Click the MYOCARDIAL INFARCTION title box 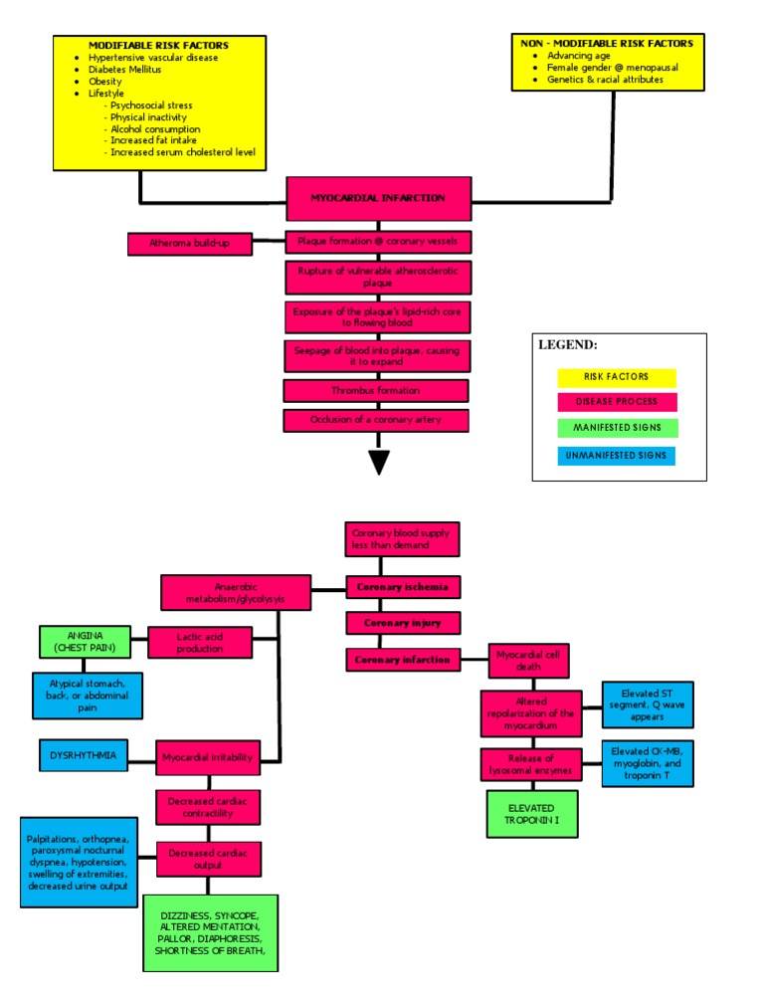pos(378,198)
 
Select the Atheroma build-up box pos(189,243)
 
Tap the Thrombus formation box pos(376,391)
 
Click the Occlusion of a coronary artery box pos(376,420)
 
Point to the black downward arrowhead pos(379,462)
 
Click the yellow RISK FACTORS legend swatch pos(616,377)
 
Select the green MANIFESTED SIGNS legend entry pos(616,429)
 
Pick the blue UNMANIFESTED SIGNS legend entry pos(616,456)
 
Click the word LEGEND pos(568,345)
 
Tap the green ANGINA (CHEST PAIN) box pos(85,642)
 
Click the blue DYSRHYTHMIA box pos(83,755)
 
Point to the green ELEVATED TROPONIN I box pos(532,813)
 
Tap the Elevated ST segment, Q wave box pos(647,705)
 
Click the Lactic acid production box pos(200,642)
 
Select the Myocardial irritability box pos(208,757)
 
